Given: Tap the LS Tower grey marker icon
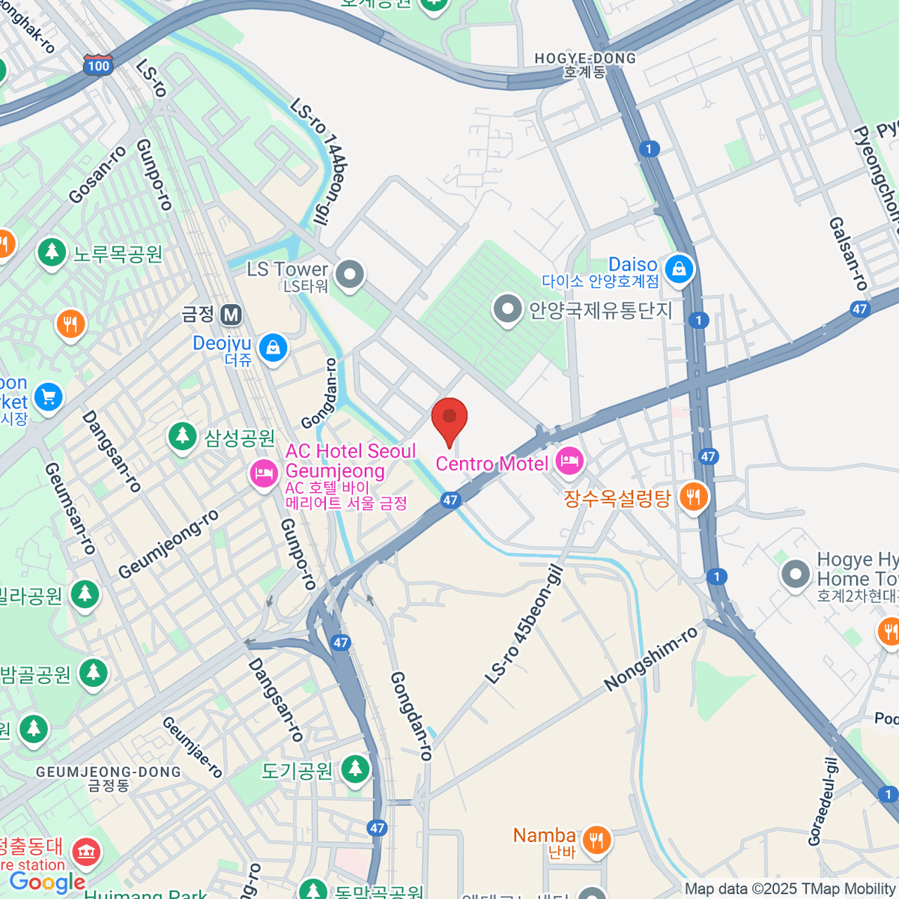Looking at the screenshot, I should point(349,275).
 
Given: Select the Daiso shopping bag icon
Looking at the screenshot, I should point(679,269).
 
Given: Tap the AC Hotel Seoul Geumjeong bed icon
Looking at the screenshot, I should point(264,473).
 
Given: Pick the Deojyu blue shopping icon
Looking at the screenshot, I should point(273,348).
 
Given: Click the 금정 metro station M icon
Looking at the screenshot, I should point(231,315).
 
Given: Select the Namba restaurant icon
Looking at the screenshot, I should point(596,840).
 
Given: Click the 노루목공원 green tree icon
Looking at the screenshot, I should point(52,252).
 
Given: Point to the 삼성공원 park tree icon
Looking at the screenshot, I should point(182,437).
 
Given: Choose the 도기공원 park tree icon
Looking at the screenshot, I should point(355,769).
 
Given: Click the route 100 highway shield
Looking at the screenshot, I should point(98,65).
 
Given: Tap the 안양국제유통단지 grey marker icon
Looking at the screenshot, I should point(508,309).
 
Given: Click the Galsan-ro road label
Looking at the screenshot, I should point(848,254).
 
